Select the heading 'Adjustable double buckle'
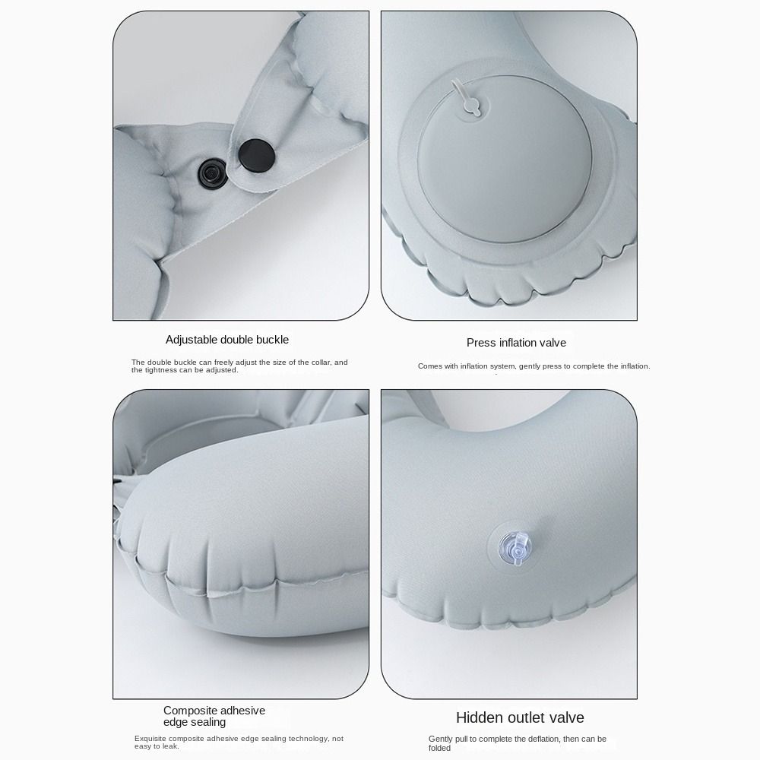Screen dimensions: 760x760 [227, 340]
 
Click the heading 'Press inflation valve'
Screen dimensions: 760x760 [516, 343]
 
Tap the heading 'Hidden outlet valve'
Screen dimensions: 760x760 [520, 717]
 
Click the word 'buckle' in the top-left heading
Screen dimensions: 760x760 [271, 340]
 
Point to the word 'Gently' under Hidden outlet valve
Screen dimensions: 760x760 [441, 739]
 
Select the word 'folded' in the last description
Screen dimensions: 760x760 [440, 748]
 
